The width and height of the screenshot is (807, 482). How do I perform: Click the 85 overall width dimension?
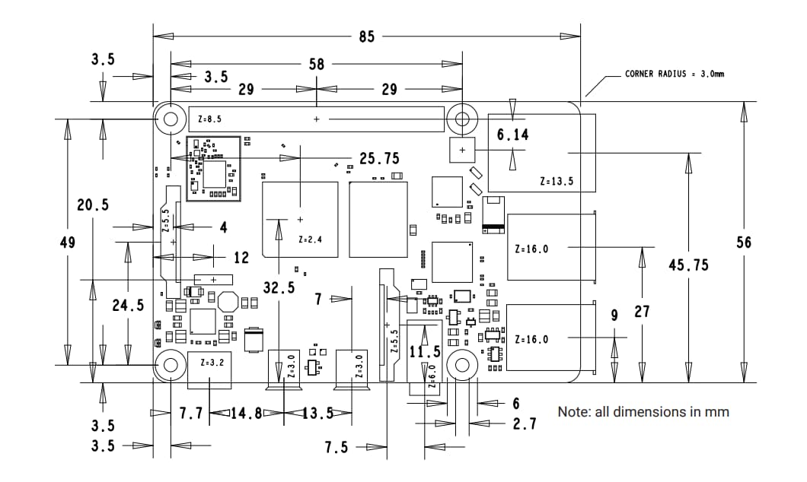(367, 36)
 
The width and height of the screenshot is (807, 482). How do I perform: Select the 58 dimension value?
(317, 65)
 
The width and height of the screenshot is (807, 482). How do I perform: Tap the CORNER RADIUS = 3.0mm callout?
(674, 74)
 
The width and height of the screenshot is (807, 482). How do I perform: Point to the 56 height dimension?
(744, 242)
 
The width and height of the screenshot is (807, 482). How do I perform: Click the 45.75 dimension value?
(688, 265)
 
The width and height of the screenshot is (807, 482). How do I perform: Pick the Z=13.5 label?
(556, 182)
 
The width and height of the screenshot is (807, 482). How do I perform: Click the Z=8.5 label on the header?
(209, 119)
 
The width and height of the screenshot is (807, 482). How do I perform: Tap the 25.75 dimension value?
(379, 159)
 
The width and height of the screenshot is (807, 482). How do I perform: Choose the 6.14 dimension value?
(512, 135)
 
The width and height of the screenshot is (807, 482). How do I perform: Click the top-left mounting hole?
(171, 119)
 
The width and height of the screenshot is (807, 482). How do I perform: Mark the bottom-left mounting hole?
(171, 365)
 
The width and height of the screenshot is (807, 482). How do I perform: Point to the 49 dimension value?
(67, 243)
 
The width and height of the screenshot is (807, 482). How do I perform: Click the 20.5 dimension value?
(93, 205)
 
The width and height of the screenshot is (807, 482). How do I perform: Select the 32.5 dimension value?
(279, 287)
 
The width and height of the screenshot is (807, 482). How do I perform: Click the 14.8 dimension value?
(247, 414)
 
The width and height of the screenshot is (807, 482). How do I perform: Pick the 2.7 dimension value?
(524, 423)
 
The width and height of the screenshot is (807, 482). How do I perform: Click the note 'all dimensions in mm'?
(643, 411)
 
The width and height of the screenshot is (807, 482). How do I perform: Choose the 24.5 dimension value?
(128, 305)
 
